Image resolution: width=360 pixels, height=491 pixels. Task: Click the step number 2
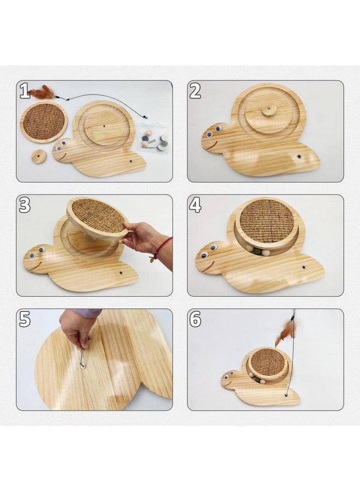click(195, 91)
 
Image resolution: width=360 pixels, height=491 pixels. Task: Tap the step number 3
click(25, 206)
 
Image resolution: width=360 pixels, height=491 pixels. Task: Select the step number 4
click(195, 206)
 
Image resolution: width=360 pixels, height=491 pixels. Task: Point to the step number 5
click(25, 320)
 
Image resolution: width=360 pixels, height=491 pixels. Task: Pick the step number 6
click(196, 320)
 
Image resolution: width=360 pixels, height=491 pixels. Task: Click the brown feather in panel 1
click(43, 93)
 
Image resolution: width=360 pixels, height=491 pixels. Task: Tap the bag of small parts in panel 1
click(154, 138)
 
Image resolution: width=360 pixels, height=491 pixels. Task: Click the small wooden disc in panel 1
click(39, 156)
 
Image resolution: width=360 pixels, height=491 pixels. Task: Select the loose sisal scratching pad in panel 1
click(44, 122)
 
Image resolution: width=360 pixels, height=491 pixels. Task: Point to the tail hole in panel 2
click(299, 156)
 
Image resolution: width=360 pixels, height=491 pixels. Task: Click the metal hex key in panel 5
click(82, 357)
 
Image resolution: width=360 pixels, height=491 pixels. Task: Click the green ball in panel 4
click(258, 251)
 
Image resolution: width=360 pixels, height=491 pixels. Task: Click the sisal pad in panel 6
click(268, 364)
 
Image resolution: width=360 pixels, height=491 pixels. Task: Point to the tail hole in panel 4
click(303, 267)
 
